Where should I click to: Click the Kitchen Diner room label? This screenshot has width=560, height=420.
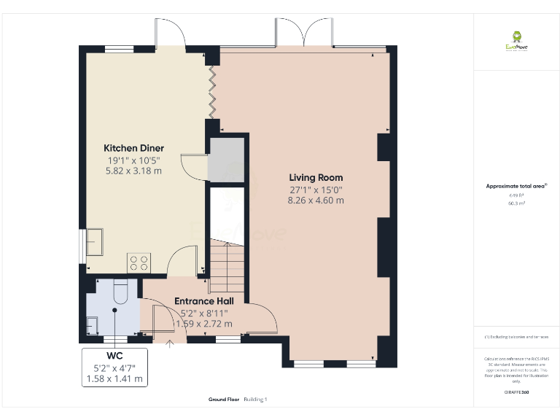(x=133, y=148)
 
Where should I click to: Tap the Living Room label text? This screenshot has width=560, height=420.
(x=316, y=177)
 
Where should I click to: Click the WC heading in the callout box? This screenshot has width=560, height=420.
(x=115, y=356)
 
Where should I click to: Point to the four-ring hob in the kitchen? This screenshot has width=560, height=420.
(x=139, y=262)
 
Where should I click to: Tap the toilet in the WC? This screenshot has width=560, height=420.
(x=121, y=290)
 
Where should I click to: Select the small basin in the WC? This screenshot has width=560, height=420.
(x=93, y=323)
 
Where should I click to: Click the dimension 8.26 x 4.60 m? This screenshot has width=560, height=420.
(x=316, y=200)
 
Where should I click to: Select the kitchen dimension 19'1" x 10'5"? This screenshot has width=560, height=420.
(x=133, y=160)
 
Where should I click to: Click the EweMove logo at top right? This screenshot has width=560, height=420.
(x=517, y=39)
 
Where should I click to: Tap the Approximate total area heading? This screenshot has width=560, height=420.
(x=516, y=187)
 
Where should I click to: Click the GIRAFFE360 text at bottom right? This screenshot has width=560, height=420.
(x=516, y=392)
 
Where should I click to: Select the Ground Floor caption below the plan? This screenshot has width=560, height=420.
(x=224, y=400)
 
